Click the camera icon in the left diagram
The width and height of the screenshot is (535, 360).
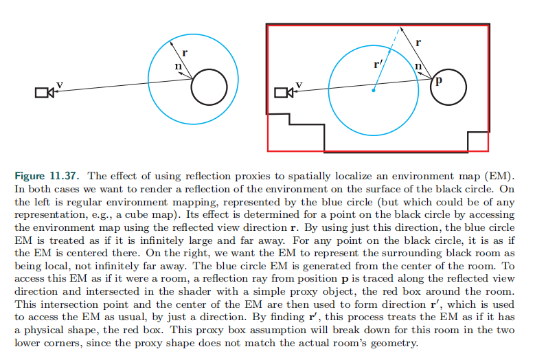point(45,93)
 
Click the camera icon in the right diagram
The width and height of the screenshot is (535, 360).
point(284,93)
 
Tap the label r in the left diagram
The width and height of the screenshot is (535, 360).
point(185,53)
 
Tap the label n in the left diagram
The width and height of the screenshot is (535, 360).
point(178,66)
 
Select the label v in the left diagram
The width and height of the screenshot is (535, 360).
point(60,84)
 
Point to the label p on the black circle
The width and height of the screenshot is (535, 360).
point(439,80)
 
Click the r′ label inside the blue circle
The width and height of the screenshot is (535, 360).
point(378,64)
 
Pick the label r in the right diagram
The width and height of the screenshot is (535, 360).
point(418,43)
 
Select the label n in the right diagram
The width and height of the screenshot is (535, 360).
point(418,66)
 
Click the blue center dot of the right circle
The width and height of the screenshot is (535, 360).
point(374,91)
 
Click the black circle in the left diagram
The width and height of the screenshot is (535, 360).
point(192,87)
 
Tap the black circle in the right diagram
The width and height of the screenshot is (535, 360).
point(431,87)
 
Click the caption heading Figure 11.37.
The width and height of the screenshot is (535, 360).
point(47,176)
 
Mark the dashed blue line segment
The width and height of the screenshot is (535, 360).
point(395,40)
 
